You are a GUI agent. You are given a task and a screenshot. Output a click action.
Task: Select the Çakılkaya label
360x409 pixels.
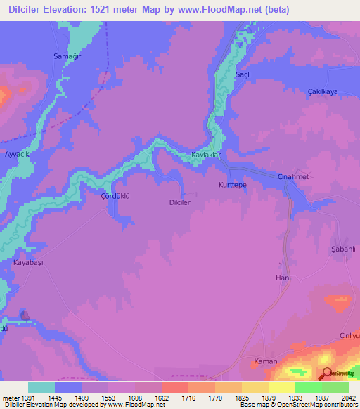tap(323, 91)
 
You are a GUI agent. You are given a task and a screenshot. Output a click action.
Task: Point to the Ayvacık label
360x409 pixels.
tap(18, 153)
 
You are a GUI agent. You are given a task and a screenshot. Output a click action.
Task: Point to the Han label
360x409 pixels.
tap(282, 278)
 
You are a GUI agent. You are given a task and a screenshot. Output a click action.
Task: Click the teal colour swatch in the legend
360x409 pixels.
tap(41, 387)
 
